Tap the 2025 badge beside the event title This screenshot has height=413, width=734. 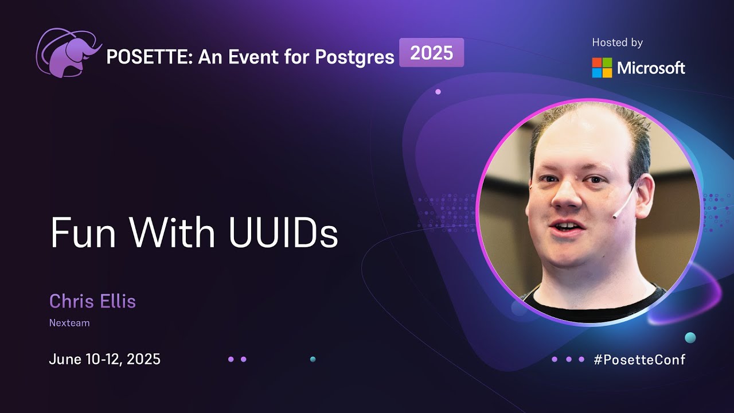coord(431,53)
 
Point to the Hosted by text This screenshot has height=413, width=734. coord(617,42)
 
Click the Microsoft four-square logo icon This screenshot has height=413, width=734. coord(602,68)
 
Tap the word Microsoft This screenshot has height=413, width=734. coord(651,68)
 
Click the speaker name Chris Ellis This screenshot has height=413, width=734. coord(92,301)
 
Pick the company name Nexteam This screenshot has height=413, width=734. coord(69,323)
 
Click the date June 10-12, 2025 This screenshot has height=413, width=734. coord(104,360)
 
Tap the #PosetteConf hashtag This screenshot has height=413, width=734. coord(639,360)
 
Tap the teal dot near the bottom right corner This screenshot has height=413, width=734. coord(690,337)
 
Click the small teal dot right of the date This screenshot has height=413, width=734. coord(313,359)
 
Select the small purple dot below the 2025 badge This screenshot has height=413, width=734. coord(438,92)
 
